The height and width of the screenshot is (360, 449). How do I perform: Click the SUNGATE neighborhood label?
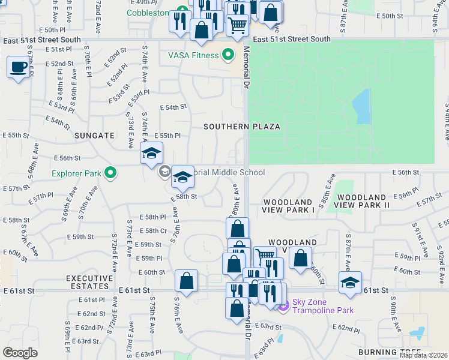[94, 136]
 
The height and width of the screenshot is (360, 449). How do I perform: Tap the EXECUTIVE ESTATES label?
[89, 283]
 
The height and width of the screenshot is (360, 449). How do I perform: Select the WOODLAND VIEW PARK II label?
[369, 201]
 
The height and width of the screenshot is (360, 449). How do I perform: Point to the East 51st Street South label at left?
[41, 40]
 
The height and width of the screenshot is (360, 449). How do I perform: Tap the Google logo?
[20, 353]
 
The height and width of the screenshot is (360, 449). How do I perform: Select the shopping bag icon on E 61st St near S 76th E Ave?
[186, 281]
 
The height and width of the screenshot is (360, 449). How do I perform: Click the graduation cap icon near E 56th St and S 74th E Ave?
[151, 154]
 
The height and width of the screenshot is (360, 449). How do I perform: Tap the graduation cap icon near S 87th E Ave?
[350, 282]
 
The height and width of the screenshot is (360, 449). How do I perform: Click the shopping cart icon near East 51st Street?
[238, 25]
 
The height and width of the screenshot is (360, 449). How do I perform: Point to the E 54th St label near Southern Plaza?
[173, 107]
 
